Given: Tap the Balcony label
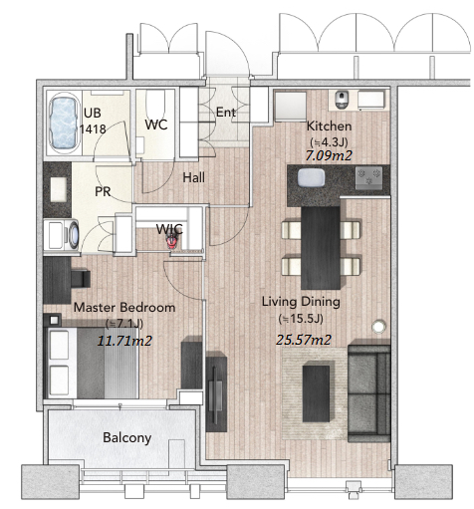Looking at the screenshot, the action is coord(127,437).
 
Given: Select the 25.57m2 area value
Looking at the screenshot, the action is coord(304,340).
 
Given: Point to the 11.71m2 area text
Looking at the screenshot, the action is coord(124,341).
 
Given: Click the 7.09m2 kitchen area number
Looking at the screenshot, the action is coord(329,155).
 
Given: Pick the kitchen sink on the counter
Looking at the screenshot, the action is coord(311,177).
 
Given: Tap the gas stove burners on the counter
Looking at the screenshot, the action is coord(368,177).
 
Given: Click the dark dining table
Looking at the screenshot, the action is coord(321,248).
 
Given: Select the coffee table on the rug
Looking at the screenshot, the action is coord(316,393).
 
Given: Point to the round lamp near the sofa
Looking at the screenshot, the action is coord(378,327).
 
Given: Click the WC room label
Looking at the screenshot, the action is coord(156,125).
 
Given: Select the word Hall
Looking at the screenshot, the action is coord(194,177).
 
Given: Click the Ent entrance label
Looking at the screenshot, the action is coord(226,113).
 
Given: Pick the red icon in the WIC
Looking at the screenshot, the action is coord(172,242).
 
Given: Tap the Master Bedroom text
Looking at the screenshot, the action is coord(124,307).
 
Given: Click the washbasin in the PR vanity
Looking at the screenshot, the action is coord(58,189).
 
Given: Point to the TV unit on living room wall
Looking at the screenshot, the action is coord(216,393).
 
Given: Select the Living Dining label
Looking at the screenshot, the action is coord(301,302).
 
